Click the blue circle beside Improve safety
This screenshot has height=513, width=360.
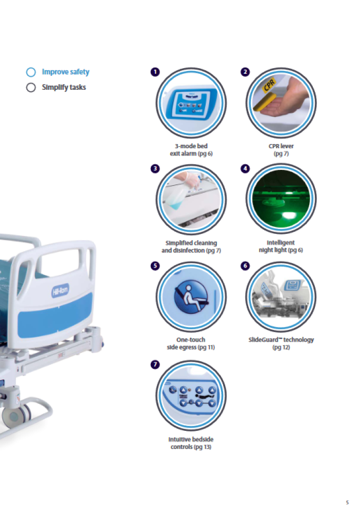point(31,72)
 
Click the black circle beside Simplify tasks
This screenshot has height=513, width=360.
point(31,87)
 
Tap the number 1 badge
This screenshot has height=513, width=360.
point(155,72)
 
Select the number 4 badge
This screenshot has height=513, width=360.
point(245,168)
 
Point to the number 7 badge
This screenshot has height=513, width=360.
point(155,364)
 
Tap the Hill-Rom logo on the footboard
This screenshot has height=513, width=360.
point(60,290)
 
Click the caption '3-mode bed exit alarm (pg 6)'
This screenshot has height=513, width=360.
point(191,150)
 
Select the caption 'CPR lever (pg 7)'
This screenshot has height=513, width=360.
point(281,150)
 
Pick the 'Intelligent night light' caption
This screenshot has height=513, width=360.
point(281,246)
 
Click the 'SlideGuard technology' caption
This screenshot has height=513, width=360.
point(281,343)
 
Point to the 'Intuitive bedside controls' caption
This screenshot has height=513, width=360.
point(191,443)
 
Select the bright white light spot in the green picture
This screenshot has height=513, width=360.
point(288,214)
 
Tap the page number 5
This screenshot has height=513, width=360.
point(347,502)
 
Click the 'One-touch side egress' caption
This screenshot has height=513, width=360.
point(191,343)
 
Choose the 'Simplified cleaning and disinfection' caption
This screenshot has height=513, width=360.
point(191,247)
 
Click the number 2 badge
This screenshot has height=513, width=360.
point(245,72)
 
